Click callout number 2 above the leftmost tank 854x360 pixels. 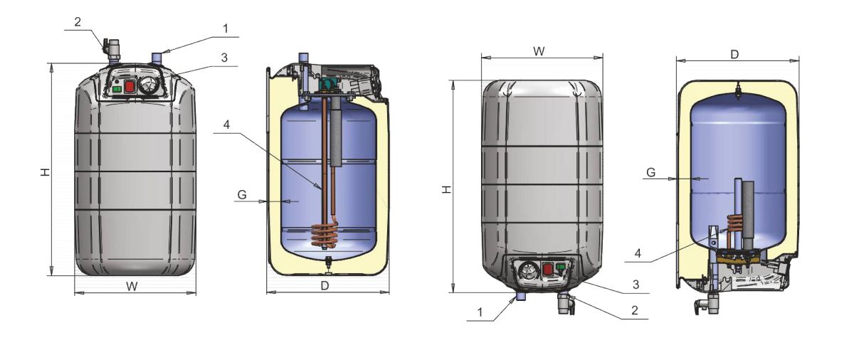[78, 22]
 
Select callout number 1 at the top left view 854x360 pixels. [226, 28]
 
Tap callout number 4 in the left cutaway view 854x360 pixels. [226, 125]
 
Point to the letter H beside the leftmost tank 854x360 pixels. [46, 172]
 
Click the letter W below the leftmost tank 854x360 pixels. [132, 287]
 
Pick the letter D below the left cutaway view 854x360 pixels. [325, 286]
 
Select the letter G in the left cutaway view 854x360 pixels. [242, 195]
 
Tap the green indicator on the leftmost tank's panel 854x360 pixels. [117, 89]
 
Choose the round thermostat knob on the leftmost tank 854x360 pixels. [147, 87]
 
